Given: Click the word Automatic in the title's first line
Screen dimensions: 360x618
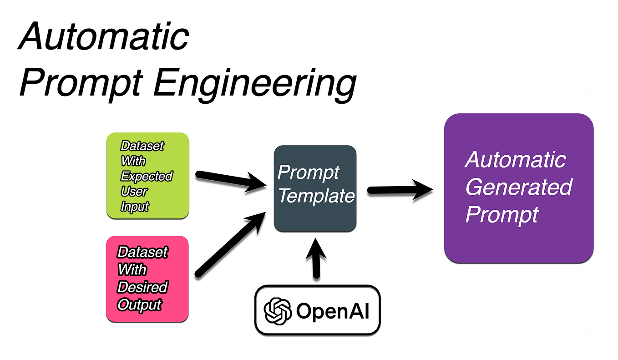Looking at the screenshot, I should tap(104, 36).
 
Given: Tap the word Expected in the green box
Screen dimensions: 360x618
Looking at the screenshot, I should tap(147, 176).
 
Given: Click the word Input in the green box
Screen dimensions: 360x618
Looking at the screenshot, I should tap(135, 206).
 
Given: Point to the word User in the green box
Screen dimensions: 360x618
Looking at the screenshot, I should tap(134, 191).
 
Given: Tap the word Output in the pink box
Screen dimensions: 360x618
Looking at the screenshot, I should tap(139, 304).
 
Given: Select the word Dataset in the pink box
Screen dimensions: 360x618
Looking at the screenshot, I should tap(142, 252).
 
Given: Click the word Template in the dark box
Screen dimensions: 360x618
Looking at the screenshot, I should tap(316, 196).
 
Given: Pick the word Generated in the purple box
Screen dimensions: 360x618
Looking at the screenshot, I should tap(519, 187).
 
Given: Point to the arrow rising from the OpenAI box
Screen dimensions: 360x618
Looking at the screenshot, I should tap(316, 257).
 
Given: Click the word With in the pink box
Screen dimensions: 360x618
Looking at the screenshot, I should tap(132, 269).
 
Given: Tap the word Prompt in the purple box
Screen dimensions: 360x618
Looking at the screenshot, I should tap(501, 214).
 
